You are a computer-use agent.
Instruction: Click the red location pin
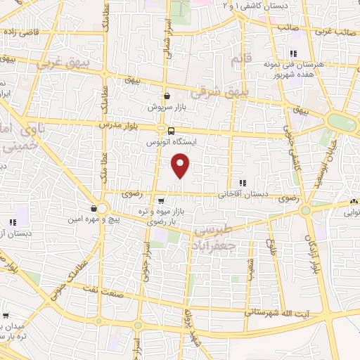click(x=181, y=166)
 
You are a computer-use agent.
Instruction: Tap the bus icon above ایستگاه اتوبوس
click(x=171, y=131)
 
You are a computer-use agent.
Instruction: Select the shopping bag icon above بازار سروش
click(x=166, y=96)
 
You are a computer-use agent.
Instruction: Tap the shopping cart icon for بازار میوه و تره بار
click(x=161, y=200)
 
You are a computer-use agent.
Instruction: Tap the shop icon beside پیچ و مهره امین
click(x=94, y=208)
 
